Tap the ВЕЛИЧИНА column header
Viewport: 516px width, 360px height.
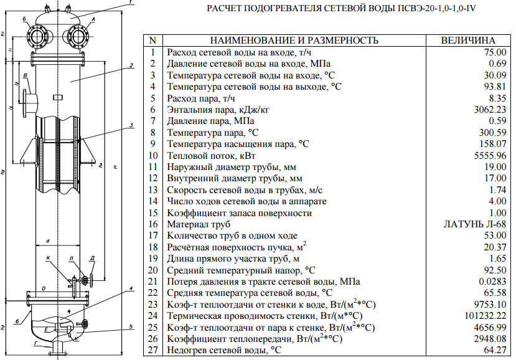(x=468, y=40)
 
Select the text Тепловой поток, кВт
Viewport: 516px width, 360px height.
(x=212, y=155)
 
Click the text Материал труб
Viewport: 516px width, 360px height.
(x=199, y=224)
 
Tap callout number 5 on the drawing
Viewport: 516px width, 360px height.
(x=132, y=325)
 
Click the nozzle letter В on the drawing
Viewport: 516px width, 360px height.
(x=25, y=76)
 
